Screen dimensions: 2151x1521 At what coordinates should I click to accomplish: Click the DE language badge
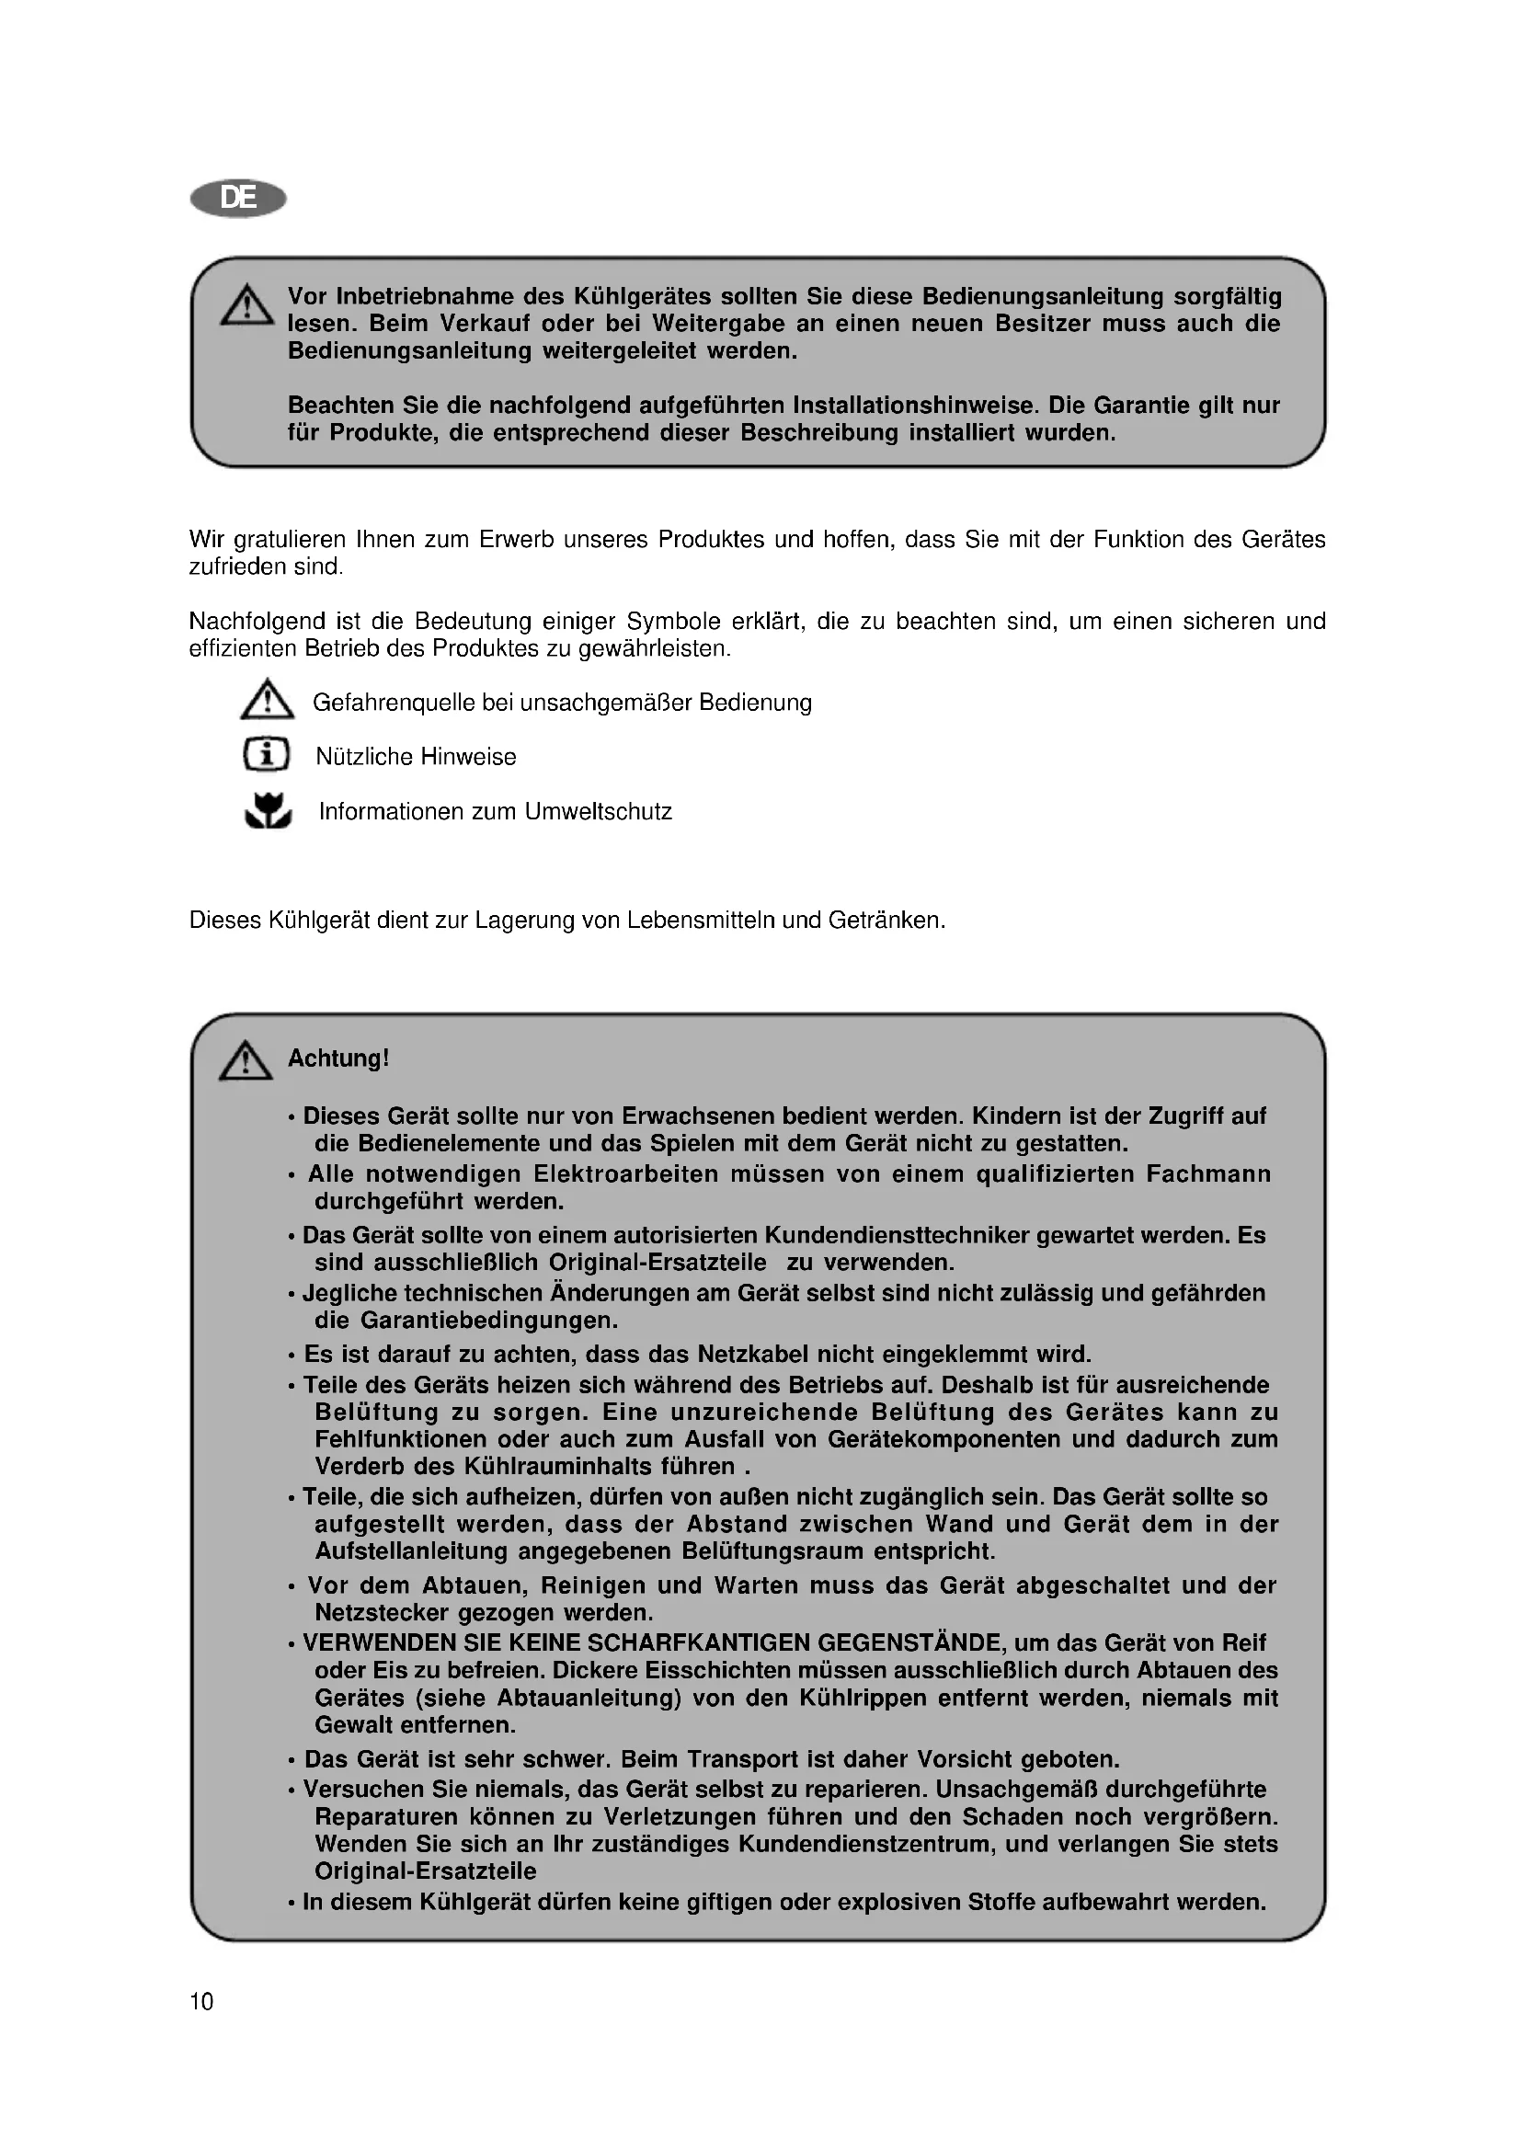238,199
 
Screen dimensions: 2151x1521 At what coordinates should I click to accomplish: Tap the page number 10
201,2002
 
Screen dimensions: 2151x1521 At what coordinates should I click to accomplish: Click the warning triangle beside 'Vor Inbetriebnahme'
246,306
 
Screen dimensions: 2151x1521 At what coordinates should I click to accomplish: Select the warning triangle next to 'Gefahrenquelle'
267,701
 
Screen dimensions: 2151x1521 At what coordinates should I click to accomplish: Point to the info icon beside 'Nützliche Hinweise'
267,755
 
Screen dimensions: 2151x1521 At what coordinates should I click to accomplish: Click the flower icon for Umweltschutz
269,811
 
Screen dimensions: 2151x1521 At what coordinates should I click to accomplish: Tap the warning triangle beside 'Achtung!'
246,1061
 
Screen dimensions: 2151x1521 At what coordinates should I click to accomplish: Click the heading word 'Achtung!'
338,1058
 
